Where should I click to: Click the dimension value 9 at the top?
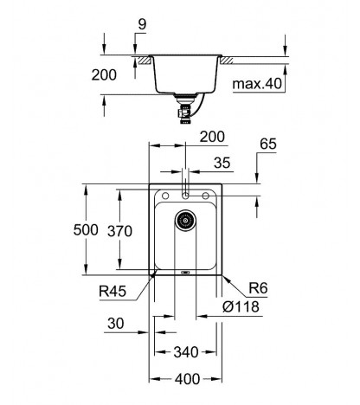(142, 24)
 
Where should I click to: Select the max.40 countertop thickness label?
(257, 84)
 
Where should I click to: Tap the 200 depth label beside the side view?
(104, 74)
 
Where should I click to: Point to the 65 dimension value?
(268, 144)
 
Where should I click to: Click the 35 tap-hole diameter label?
(222, 163)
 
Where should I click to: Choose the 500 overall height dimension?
(86, 230)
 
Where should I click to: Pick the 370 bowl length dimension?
(119, 231)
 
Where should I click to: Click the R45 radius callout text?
(112, 292)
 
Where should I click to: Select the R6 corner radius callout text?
(258, 288)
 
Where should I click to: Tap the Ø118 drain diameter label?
(241, 306)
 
